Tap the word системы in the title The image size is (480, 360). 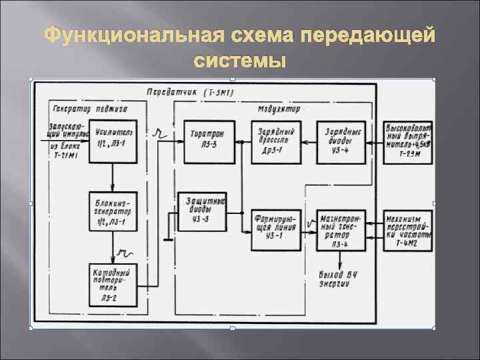239,61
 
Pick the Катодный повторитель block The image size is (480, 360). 111,283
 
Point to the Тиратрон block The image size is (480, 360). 207,141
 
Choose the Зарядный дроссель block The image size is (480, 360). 275,141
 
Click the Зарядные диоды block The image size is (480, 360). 341,141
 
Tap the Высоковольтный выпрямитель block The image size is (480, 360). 409,141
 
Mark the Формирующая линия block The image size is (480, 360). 275,229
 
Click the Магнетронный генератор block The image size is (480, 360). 341,229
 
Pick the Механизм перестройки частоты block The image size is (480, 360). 409,229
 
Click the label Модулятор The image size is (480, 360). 279,107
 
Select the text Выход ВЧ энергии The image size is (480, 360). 341,279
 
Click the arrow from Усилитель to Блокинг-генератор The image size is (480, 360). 111,177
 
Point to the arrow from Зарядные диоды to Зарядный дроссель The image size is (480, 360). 308,141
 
